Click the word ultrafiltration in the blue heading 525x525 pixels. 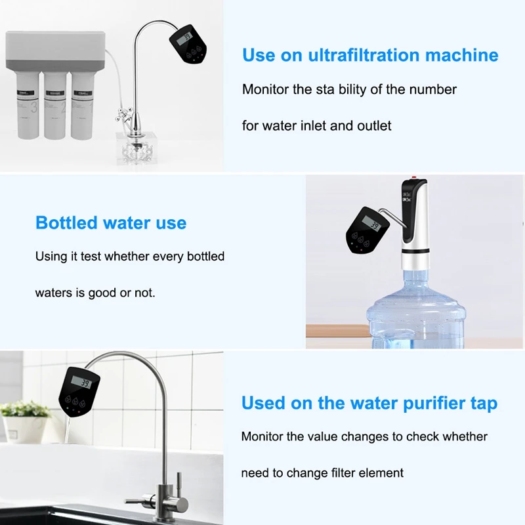pos(364,55)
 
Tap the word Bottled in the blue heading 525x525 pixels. pos(66,223)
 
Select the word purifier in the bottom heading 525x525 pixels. pos(434,404)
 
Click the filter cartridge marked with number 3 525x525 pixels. pos(28,105)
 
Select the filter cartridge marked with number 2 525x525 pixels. pos(55,105)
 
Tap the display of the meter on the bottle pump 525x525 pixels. pos(371,224)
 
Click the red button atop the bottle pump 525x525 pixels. pos(414,177)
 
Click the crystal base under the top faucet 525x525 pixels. pos(136,148)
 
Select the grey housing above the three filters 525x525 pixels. pos(56,51)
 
